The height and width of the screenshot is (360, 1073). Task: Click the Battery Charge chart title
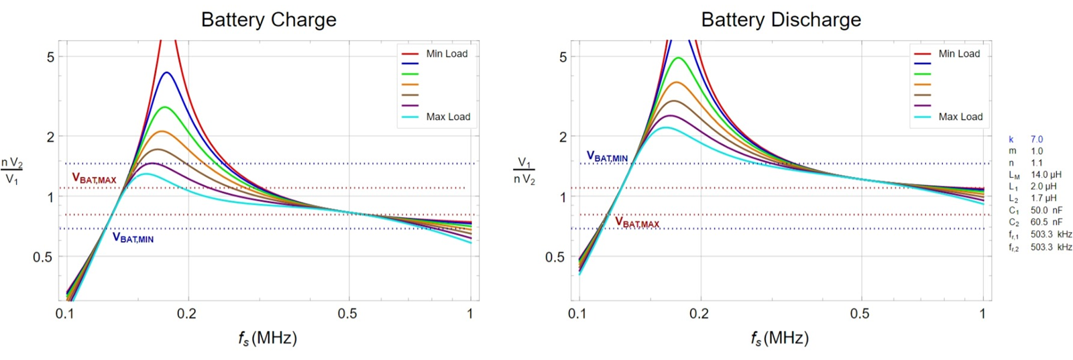[268, 19]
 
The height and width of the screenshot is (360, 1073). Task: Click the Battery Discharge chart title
[781, 19]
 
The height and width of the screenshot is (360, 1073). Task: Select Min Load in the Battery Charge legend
[447, 54]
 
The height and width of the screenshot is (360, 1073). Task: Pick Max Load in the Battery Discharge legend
[960, 117]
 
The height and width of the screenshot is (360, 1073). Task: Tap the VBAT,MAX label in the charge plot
[94, 179]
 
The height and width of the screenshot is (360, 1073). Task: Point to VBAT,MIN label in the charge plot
[133, 238]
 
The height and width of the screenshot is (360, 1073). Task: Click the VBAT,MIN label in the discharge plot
[607, 157]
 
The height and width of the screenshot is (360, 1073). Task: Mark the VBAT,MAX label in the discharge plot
[636, 223]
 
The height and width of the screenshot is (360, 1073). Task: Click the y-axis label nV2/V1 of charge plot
[12, 172]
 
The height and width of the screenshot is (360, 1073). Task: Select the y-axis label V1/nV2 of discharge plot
[524, 171]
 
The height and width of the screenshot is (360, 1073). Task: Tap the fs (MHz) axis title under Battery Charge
[267, 338]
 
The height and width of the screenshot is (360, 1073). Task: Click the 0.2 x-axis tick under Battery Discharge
[699, 314]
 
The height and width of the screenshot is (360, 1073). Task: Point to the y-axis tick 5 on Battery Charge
[50, 57]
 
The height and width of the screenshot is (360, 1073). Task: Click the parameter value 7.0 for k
[1037, 139]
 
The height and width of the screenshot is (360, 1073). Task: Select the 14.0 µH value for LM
[1046, 174]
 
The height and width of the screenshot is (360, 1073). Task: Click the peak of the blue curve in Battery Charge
[167, 72]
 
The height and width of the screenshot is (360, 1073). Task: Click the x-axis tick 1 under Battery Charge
[470, 314]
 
